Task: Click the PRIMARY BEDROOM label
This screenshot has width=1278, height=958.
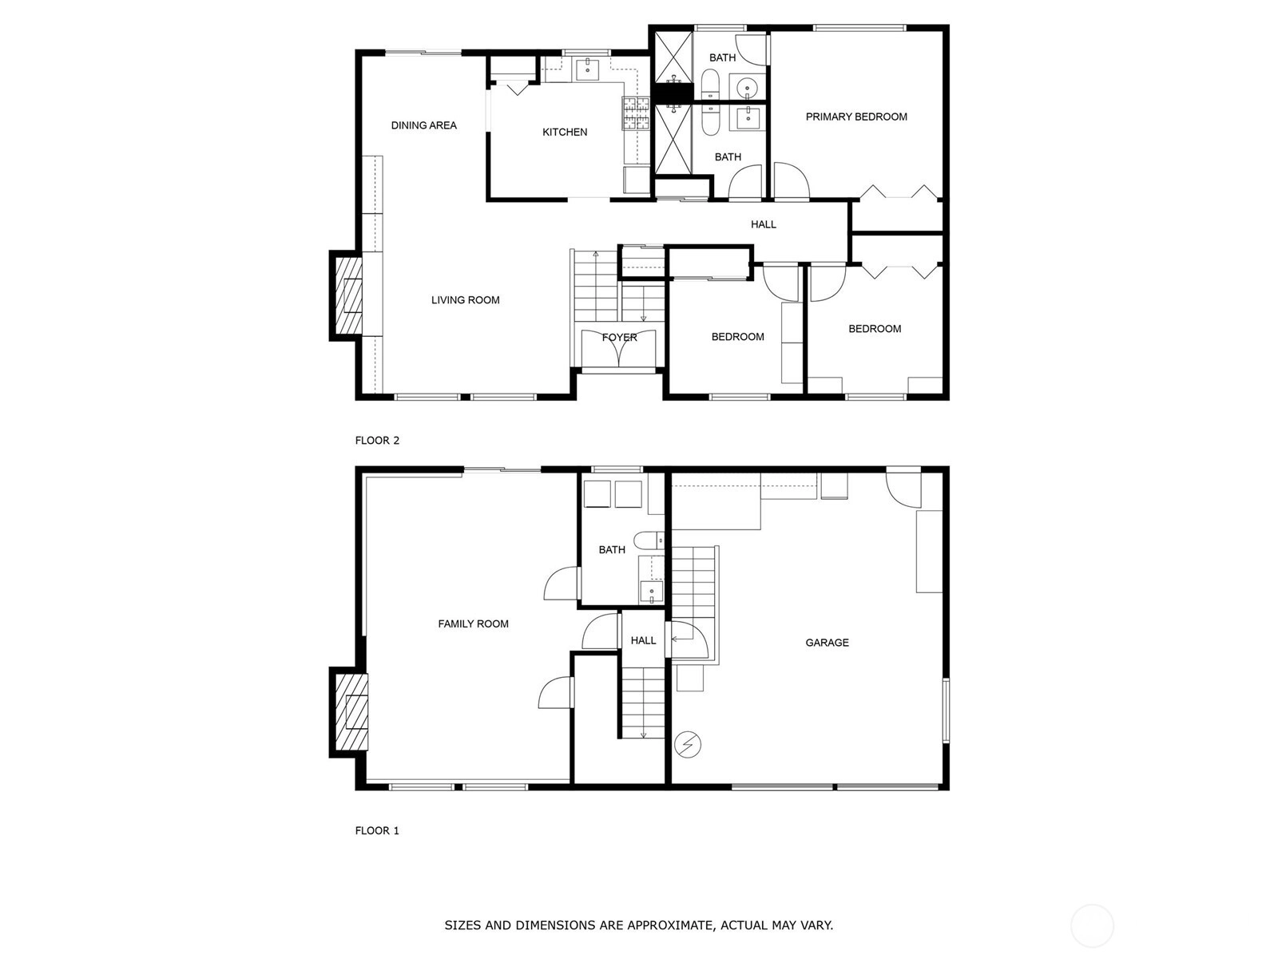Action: [856, 117]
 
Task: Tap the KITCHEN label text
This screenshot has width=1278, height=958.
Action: [565, 132]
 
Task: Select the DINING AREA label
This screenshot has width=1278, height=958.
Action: [424, 125]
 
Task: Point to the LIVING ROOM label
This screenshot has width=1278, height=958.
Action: [465, 300]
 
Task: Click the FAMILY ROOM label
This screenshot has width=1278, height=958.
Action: [474, 623]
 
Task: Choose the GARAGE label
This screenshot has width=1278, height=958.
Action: [827, 642]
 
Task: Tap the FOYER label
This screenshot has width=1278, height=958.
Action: [620, 338]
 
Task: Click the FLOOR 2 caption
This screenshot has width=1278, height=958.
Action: [377, 441]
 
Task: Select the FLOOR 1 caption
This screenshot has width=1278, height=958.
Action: [377, 830]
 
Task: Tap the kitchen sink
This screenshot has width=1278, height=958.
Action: [587, 69]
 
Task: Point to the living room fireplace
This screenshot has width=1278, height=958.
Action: [347, 295]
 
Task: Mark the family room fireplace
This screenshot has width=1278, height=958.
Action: [349, 713]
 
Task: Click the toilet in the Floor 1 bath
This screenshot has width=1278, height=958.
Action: [648, 540]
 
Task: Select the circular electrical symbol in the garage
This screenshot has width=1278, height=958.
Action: [688, 744]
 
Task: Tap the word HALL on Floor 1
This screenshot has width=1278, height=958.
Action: [643, 640]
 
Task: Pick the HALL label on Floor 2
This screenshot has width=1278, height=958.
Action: [764, 224]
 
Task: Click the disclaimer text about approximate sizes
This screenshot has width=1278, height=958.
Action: [639, 924]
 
